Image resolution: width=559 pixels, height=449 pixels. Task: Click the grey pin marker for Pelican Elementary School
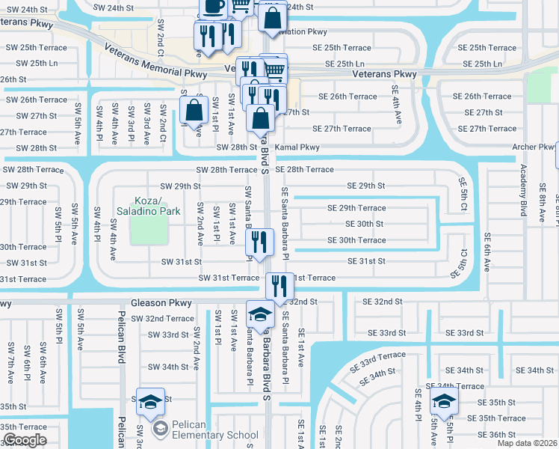(159, 429)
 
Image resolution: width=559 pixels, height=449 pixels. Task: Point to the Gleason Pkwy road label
(161, 303)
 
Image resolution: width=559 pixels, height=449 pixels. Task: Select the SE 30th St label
(364, 224)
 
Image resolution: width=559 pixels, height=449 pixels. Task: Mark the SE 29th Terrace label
(356, 208)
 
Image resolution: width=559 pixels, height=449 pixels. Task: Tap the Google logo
(25, 439)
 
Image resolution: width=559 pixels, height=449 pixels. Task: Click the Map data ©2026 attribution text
(527, 443)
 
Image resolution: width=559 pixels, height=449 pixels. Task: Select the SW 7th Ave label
(10, 359)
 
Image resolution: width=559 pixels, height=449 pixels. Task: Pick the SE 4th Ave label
(397, 105)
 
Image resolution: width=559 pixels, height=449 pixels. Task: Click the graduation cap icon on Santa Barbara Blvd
(260, 315)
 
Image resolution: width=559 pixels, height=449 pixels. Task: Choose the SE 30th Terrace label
(356, 240)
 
